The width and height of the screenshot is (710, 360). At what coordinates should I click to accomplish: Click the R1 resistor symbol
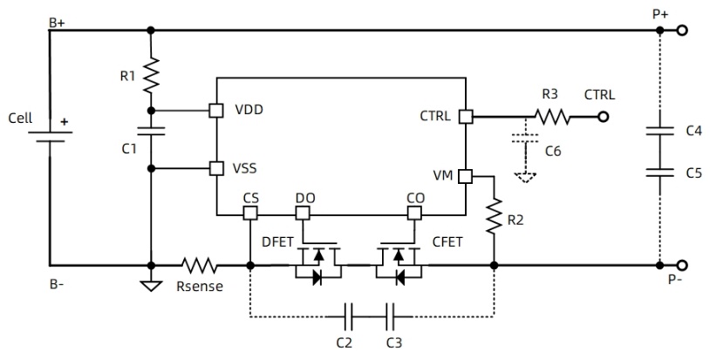point(151,74)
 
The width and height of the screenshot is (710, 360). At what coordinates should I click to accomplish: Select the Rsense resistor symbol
point(199,265)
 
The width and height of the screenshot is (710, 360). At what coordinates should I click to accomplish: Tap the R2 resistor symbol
point(494,215)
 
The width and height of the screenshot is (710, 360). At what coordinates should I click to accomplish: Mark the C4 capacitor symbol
point(659,132)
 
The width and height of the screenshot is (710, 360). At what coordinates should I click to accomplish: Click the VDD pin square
point(215,111)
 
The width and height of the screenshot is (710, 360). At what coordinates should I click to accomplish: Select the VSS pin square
point(215,166)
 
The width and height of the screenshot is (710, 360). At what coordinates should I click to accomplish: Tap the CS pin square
point(250,213)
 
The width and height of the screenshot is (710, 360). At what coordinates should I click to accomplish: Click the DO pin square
point(303,213)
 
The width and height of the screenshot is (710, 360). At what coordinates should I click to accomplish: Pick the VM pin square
point(466,175)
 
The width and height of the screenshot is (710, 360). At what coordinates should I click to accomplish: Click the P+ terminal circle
point(683,31)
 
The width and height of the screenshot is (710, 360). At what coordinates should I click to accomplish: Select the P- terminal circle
point(683,265)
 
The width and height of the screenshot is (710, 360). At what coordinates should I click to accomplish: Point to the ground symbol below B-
point(151,285)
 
